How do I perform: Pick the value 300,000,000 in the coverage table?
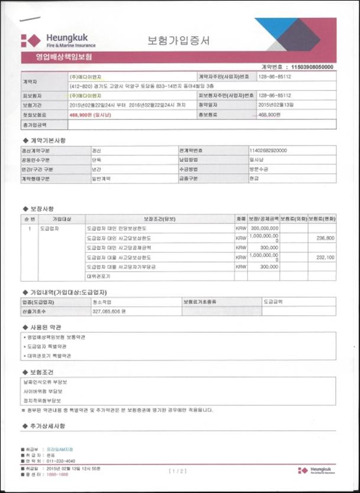tap(264, 228)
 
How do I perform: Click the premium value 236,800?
tap(325, 238)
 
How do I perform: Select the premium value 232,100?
tap(325, 258)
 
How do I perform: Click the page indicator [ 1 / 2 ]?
tap(179, 471)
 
